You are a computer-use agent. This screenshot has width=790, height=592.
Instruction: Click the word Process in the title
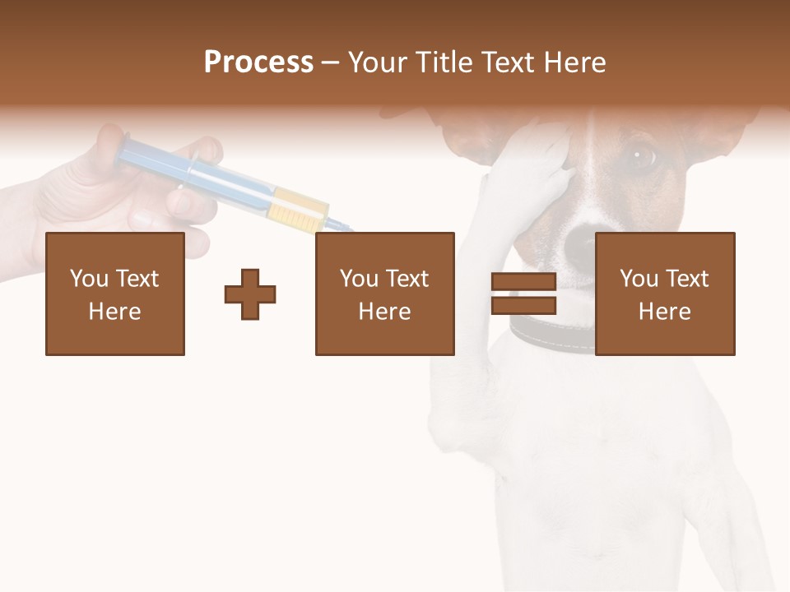258,62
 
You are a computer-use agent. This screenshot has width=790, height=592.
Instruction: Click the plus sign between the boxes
250,294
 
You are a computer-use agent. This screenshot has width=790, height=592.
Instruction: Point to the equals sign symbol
523,294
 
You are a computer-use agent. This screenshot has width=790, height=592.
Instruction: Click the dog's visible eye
641,154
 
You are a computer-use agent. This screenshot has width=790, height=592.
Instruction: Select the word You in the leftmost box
88,279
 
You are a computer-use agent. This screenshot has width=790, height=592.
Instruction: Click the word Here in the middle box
385,312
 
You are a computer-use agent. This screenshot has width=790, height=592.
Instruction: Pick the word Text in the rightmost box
687,279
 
